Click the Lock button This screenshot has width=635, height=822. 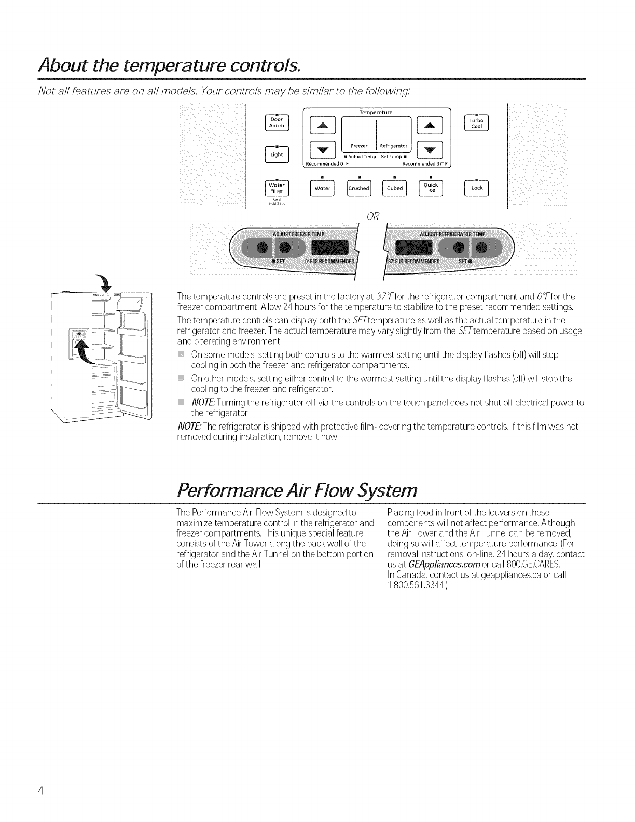pos(477,188)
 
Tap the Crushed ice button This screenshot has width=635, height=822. pos(358,188)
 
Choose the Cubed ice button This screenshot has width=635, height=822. pos(395,188)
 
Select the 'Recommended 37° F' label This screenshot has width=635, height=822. pos(427,165)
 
